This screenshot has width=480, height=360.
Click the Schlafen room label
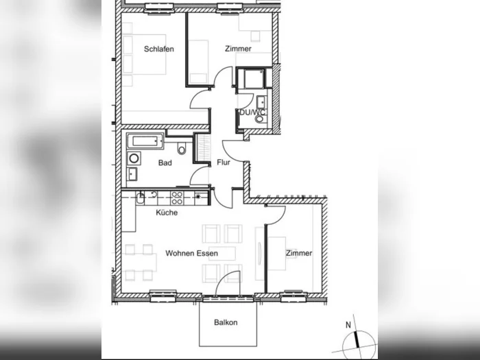[159, 49]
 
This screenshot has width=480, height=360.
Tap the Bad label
[165, 163]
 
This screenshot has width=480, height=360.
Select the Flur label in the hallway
[224, 163]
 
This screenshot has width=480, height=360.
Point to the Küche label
[167, 213]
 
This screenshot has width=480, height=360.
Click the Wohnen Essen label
[191, 253]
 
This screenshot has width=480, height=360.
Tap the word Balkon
[226, 322]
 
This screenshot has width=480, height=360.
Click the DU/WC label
[252, 112]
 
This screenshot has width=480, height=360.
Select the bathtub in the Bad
[145, 141]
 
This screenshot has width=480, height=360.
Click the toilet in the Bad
[182, 149]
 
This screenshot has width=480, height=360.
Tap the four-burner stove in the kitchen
[177, 197]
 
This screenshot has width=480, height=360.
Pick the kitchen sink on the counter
[140, 198]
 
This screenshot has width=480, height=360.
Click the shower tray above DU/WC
[254, 79]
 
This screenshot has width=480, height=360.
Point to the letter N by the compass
[348, 325]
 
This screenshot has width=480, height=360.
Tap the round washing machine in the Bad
[134, 158]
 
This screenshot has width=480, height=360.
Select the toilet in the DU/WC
[260, 119]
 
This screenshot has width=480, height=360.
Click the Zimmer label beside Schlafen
[238, 49]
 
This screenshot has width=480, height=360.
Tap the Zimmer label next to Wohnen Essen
[299, 253]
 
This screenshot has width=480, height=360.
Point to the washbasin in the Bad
[132, 174]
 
